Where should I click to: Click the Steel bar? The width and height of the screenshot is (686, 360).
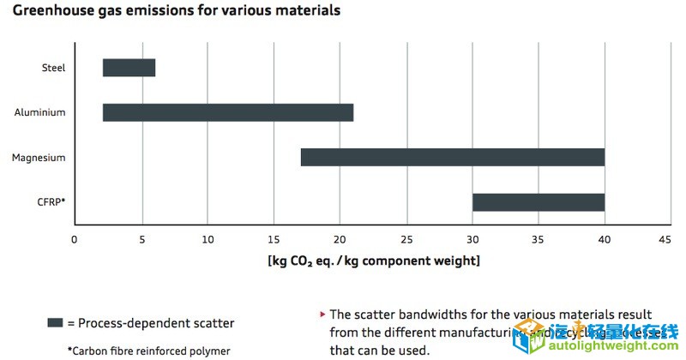pyautogui.click(x=129, y=68)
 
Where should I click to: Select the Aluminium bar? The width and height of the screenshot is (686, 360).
pyautogui.click(x=227, y=112)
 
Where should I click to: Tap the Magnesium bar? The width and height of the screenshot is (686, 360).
pyautogui.click(x=452, y=157)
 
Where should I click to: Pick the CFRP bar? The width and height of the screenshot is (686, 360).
pyautogui.click(x=538, y=202)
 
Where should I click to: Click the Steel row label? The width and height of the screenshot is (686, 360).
pyautogui.click(x=53, y=68)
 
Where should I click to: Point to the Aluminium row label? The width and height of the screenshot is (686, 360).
pyautogui.click(x=40, y=112)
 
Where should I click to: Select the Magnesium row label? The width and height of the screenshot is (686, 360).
pyautogui.click(x=39, y=158)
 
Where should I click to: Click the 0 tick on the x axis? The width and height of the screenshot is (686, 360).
pyautogui.click(x=75, y=239)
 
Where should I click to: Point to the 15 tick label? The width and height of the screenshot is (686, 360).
pyautogui.click(x=274, y=239)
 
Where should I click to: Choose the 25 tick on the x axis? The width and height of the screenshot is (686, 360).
pyautogui.click(x=406, y=239)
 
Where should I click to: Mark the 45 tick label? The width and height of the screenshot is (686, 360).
pyautogui.click(x=671, y=239)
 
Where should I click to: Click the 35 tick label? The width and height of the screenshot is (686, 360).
pyautogui.click(x=539, y=239)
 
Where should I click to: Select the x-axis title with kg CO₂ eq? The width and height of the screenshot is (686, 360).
pyautogui.click(x=373, y=261)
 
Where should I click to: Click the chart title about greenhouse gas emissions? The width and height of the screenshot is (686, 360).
pyautogui.click(x=176, y=11)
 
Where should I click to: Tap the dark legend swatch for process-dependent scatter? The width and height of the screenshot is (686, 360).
pyautogui.click(x=55, y=323)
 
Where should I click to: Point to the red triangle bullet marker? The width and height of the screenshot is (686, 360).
pyautogui.click(x=322, y=315)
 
